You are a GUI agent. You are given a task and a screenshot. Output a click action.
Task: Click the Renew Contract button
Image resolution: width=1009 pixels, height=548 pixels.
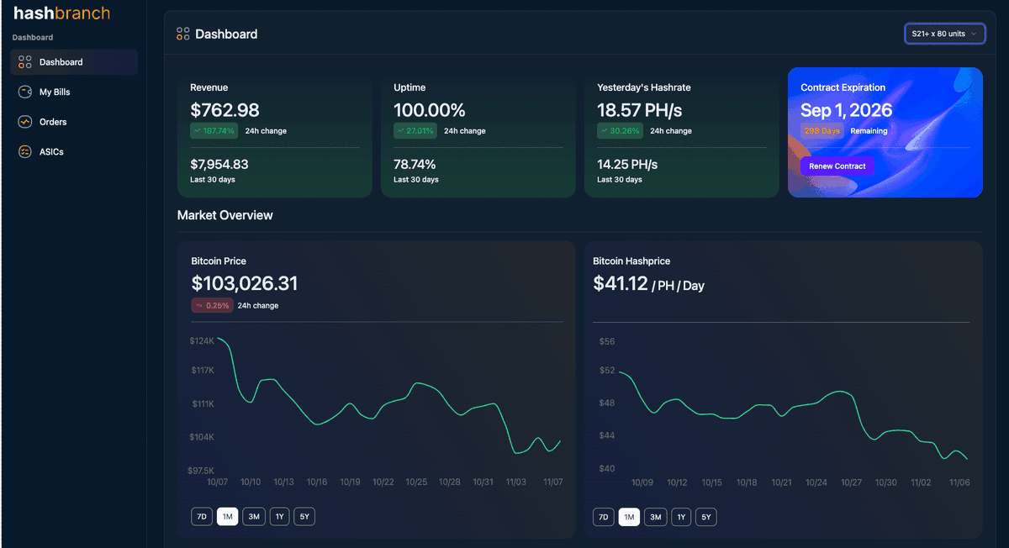pos(837,166)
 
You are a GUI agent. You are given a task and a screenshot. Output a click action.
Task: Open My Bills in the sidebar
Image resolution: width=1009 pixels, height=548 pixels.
pos(55,92)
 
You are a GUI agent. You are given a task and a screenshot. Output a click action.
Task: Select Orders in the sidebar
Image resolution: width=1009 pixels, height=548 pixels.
pos(52,122)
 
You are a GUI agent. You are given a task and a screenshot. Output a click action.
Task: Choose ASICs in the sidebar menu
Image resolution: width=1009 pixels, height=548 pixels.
pos(51,152)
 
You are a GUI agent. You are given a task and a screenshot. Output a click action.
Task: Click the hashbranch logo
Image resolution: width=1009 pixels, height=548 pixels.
pos(61,13)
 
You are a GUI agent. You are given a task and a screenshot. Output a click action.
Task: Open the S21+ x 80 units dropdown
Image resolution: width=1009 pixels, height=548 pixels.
pos(944,34)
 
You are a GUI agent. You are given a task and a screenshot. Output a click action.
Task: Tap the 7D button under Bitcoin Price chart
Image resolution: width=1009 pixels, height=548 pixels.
pos(201,517)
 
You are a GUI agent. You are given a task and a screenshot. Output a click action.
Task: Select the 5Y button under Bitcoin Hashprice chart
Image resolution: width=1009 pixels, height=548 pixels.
pos(706,517)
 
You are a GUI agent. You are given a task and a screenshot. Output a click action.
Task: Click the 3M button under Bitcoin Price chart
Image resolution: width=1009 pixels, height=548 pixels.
pos(253,517)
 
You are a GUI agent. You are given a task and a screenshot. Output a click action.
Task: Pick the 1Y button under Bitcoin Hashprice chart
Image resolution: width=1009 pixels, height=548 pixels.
pos(681,517)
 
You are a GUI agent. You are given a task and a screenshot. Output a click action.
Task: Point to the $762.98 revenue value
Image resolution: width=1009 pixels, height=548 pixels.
pos(225,110)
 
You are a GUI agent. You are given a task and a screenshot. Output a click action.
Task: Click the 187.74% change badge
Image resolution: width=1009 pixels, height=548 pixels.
pos(214,131)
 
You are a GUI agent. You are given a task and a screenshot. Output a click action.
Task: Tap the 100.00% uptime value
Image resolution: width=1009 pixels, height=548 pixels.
pos(429,110)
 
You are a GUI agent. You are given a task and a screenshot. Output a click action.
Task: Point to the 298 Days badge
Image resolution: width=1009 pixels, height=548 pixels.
pos(821,131)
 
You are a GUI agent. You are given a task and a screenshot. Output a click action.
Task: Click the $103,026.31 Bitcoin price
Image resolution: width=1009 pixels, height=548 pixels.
pos(244,283)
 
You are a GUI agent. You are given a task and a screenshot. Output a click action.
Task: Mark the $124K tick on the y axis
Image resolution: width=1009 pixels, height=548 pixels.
pos(202,341)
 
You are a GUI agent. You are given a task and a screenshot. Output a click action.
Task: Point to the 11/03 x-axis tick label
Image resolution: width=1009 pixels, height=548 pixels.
pos(515,482)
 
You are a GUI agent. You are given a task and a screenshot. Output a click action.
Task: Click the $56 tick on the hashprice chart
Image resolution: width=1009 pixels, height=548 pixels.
pos(606,341)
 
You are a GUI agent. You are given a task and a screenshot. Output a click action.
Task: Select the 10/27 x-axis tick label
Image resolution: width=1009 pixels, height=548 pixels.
pos(851,482)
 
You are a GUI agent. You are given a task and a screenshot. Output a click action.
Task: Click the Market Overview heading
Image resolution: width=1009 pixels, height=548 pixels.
pos(225,215)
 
